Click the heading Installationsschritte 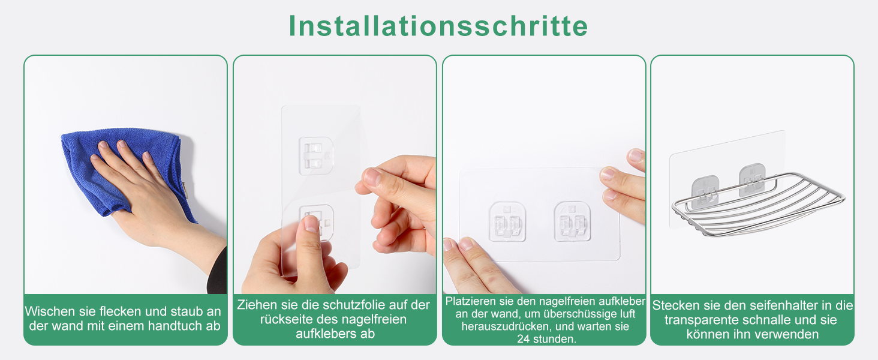tap(438, 26)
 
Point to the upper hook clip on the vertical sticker tap(315, 155)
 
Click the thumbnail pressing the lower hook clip tap(312, 224)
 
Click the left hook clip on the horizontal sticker tap(507, 221)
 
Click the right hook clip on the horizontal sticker tap(572, 221)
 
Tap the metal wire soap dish tap(759, 204)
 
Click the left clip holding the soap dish tap(705, 191)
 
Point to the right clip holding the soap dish tap(752, 180)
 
